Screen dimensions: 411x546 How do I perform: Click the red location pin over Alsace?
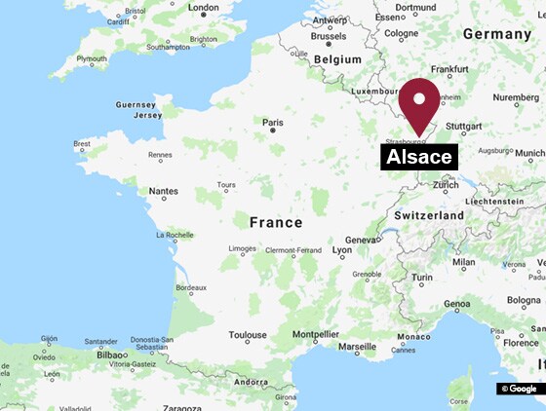tap(420, 103)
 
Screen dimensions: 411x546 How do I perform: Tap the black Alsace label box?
tap(419, 157)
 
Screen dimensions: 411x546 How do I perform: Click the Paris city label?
tap(273, 123)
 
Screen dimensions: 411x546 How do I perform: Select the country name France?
tap(276, 222)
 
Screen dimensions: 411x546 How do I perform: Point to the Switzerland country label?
tap(429, 214)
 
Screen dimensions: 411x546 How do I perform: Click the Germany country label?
tap(496, 33)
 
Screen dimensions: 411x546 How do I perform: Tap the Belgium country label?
tap(337, 58)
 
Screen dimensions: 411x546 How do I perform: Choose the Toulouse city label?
tap(248, 335)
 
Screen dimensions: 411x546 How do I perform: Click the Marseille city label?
tap(357, 346)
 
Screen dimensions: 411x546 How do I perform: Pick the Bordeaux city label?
tap(190, 288)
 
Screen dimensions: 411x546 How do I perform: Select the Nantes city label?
tap(163, 191)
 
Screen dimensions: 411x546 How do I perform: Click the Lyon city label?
tap(342, 250)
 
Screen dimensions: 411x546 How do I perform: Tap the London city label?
tap(203, 8)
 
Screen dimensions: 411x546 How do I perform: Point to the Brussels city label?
tap(329, 36)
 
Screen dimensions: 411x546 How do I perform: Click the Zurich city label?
tap(446, 184)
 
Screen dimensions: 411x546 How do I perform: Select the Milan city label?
tap(464, 262)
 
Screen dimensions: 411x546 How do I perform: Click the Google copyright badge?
tap(519, 389)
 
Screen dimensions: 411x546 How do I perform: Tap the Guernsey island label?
tap(135, 104)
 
